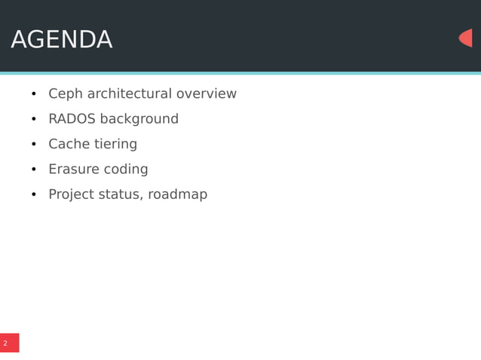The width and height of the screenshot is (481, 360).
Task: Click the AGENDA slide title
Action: (x=62, y=40)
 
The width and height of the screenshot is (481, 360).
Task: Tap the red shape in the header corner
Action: (x=466, y=38)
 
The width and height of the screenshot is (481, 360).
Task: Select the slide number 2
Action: (x=5, y=343)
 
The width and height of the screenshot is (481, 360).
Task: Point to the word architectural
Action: (x=129, y=94)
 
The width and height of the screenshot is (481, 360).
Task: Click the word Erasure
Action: (x=74, y=169)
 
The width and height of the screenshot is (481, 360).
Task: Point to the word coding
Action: (x=127, y=169)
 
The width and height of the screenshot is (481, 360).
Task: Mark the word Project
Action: (x=72, y=194)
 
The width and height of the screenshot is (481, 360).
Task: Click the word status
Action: (x=120, y=194)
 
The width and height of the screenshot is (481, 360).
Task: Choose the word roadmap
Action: (x=177, y=194)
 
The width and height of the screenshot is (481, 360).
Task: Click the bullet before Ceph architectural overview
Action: (x=34, y=95)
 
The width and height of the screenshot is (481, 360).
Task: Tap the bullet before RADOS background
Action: (x=34, y=120)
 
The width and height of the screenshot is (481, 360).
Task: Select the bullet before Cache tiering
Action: (x=34, y=145)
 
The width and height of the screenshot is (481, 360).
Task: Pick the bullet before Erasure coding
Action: (x=34, y=170)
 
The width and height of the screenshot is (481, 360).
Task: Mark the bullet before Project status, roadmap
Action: (x=34, y=195)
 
